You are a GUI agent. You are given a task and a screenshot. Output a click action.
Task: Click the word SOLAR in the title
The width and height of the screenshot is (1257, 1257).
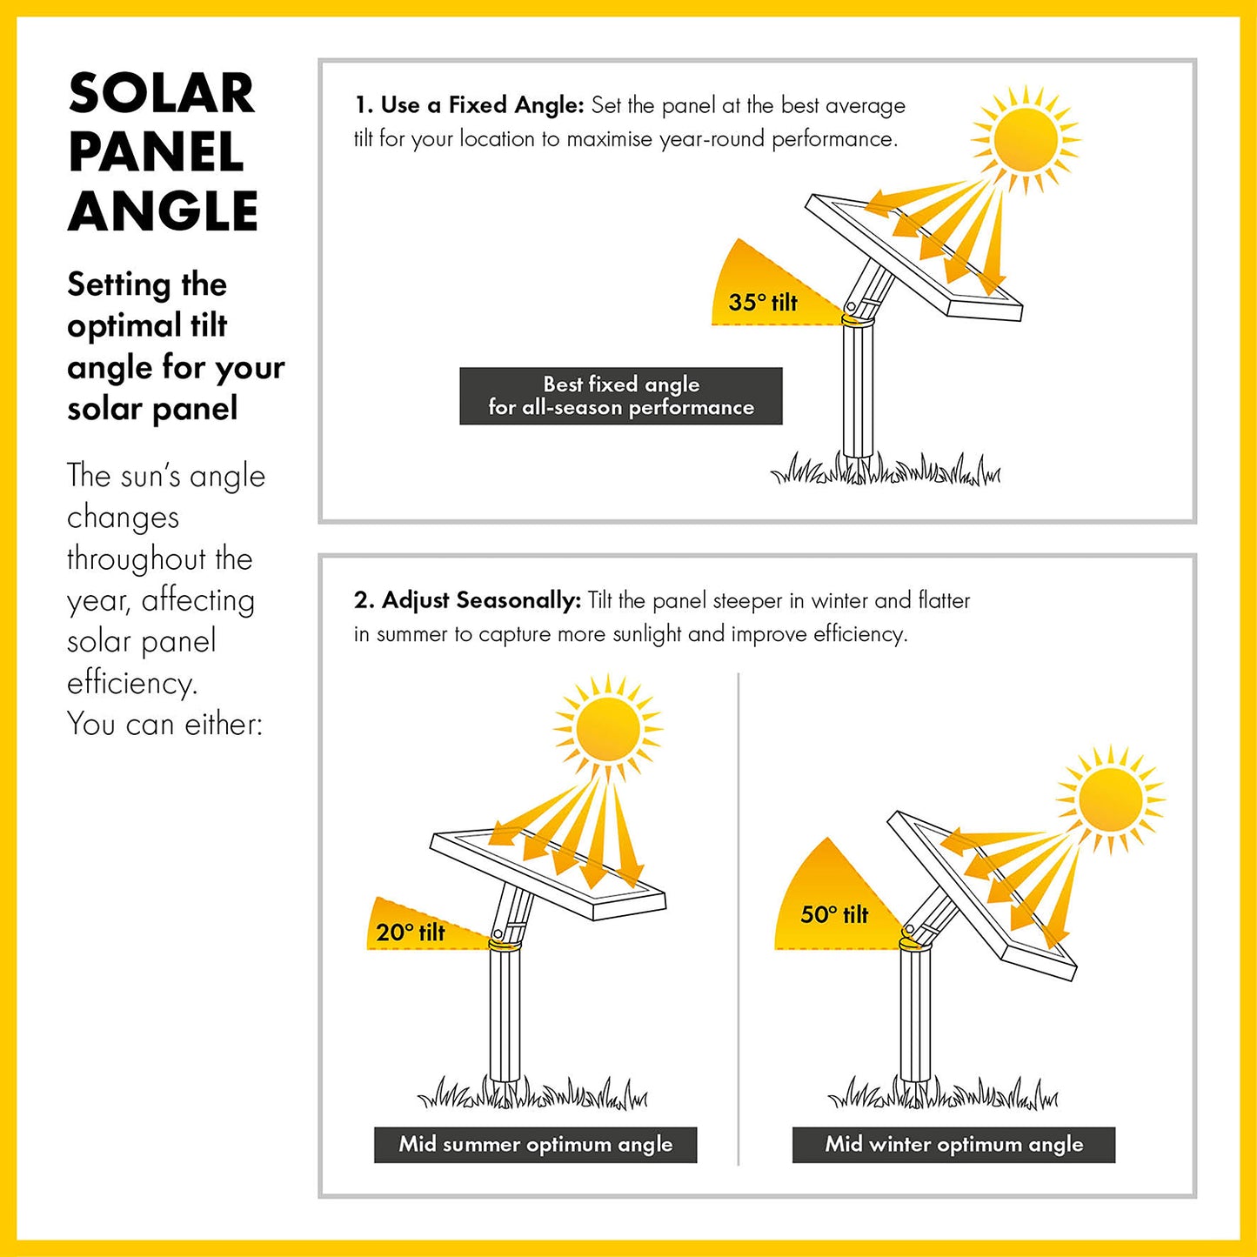click(x=161, y=93)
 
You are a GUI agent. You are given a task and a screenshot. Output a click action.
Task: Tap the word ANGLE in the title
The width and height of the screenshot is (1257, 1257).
click(x=163, y=211)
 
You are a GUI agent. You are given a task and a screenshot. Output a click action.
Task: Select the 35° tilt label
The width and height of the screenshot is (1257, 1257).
click(x=763, y=303)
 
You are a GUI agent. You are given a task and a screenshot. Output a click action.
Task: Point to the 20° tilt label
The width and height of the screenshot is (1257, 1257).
click(x=411, y=933)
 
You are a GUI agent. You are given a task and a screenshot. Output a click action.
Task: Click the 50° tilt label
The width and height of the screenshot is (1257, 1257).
click(x=834, y=914)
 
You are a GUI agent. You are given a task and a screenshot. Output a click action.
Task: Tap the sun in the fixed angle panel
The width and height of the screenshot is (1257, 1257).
click(x=1025, y=139)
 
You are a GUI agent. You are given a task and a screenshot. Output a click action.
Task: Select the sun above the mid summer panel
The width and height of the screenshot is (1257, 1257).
click(x=608, y=728)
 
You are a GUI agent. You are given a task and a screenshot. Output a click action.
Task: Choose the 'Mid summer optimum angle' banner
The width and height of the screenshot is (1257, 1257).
click(x=536, y=1145)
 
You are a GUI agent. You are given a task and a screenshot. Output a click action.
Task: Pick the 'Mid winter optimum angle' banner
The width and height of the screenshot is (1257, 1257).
click(x=953, y=1145)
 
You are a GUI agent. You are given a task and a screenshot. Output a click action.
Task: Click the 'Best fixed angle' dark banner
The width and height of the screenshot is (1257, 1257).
click(x=621, y=396)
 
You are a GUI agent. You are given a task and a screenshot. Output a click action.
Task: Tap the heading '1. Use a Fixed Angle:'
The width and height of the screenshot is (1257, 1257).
click(x=469, y=105)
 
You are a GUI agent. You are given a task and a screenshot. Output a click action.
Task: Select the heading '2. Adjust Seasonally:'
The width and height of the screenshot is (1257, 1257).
click(x=467, y=600)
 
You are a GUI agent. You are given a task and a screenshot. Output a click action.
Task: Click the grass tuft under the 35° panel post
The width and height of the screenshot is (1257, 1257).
click(x=886, y=469)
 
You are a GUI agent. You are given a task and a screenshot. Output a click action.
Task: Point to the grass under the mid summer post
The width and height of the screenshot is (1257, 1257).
click(x=532, y=1093)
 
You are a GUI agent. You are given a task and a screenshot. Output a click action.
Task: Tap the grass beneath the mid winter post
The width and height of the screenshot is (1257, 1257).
click(x=943, y=1093)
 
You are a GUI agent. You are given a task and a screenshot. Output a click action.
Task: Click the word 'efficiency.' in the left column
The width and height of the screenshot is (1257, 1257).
click(x=131, y=684)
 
